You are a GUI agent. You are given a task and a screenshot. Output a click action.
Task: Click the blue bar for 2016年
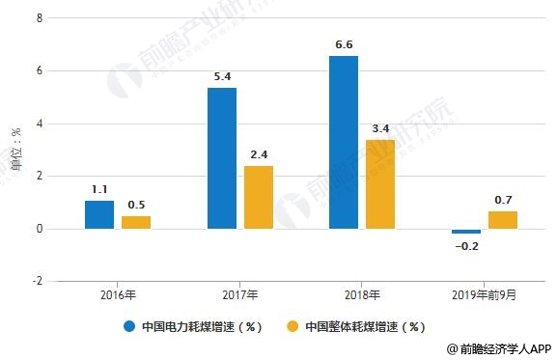pos(99,214)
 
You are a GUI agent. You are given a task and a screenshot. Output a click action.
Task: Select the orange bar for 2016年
pos(136,222)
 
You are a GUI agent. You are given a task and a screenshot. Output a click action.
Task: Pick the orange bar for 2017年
pos(258,197)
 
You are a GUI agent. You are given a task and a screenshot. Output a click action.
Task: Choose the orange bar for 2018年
pos(379,184)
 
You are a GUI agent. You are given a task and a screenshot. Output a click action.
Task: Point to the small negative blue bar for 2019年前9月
pos(465,232)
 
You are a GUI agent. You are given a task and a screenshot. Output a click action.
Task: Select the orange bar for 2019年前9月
pos(502,220)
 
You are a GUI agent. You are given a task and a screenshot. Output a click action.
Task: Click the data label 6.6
pos(344,43)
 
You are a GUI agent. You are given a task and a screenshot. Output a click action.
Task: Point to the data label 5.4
pos(222,74)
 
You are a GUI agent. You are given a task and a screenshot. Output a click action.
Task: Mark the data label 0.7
pos(503,199)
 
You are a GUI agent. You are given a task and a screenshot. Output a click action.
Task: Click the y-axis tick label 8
pos(38,18)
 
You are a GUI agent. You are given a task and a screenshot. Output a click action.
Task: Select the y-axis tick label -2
pos(36,281)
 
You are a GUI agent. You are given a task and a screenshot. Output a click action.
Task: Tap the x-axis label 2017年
pos(239,295)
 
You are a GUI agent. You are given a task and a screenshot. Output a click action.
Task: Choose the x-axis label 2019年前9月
pos(485,295)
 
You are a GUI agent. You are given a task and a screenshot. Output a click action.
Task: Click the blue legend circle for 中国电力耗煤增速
pos(129,326)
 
